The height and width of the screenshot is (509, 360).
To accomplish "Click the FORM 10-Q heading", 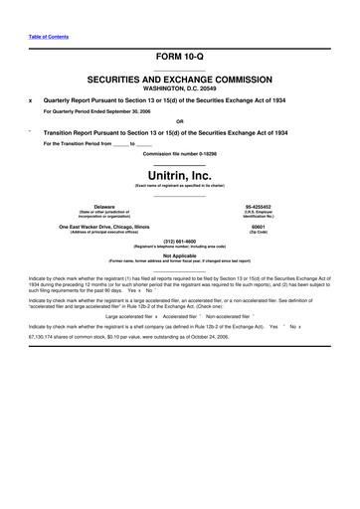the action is point(180,58).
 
